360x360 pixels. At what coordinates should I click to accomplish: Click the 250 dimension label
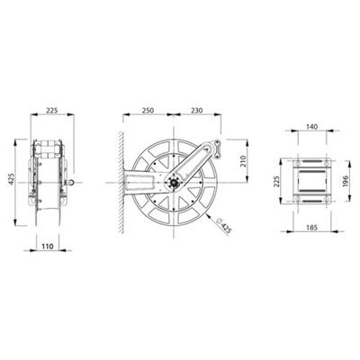point(148,111)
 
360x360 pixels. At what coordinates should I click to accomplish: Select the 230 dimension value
point(197,111)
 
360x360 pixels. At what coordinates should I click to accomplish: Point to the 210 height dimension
point(243,161)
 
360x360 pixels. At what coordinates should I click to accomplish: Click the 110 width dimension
point(48,247)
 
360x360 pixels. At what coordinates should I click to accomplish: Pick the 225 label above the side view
point(52,111)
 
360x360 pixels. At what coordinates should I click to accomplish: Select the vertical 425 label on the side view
point(11,179)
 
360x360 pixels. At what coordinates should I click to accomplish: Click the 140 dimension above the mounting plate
point(311,127)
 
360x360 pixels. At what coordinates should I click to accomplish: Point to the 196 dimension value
point(345,181)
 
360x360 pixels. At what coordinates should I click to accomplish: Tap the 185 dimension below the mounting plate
point(312,228)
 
